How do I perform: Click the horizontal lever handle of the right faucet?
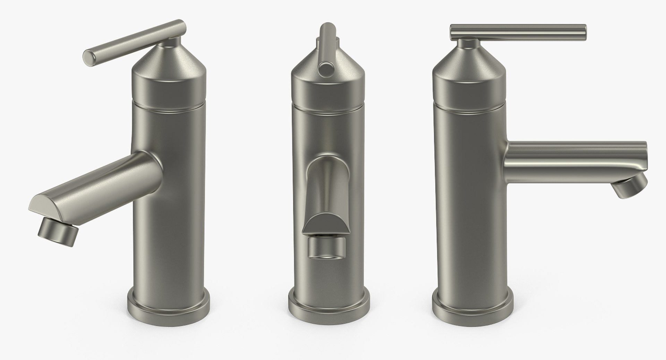(x=517, y=32)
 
